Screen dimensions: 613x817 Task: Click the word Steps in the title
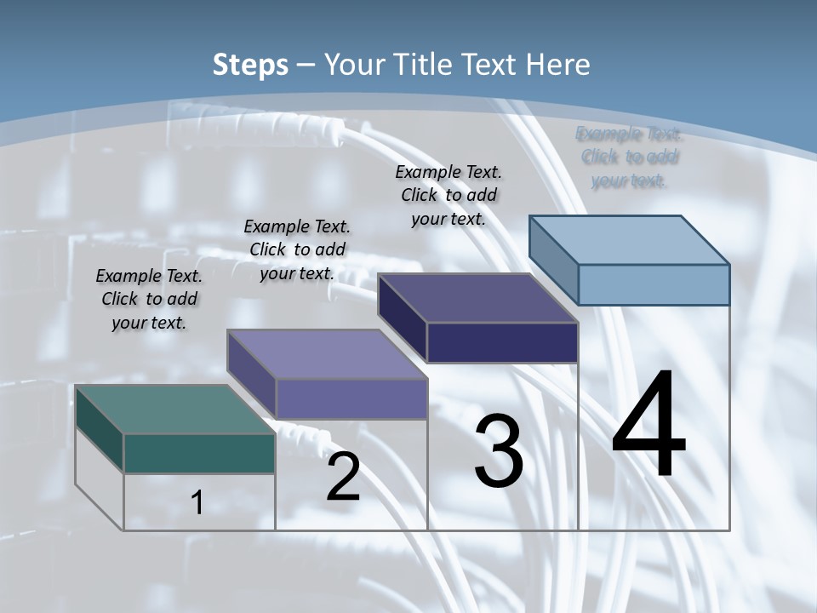[x=250, y=65]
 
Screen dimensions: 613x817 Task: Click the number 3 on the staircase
[x=498, y=451]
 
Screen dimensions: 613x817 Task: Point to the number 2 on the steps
[x=343, y=477]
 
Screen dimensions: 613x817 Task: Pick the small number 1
[x=197, y=502]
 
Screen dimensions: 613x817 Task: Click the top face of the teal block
[x=175, y=410]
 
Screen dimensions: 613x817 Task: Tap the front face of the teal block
[x=199, y=453]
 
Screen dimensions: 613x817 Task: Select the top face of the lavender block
[x=327, y=354]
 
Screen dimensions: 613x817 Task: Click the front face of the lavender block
[x=351, y=398]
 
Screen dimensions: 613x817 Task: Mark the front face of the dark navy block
[x=502, y=342]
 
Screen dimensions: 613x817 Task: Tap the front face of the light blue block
[x=654, y=284]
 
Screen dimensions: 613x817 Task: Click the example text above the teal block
[x=149, y=299]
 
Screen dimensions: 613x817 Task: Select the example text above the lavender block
[x=297, y=249]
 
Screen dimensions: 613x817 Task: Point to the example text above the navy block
[x=448, y=195]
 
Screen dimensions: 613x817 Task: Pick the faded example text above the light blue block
[x=630, y=157]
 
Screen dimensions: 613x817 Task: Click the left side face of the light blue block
[x=554, y=260]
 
